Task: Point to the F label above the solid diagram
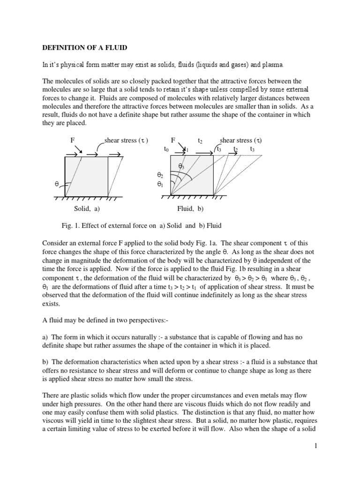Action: pos(72,140)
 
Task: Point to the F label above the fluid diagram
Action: pos(173,140)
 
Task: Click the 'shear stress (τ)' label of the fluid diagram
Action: pos(241,140)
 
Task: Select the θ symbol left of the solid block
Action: pos(57,184)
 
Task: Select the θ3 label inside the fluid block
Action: pos(181,166)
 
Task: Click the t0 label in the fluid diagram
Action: pos(166,149)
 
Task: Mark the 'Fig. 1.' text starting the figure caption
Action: pos(71,225)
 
